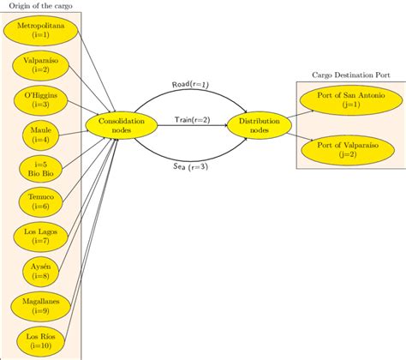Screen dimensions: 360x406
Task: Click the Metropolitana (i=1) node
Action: [40, 32]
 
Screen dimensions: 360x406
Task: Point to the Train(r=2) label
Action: [190, 120]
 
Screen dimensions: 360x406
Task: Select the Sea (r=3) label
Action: [190, 166]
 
